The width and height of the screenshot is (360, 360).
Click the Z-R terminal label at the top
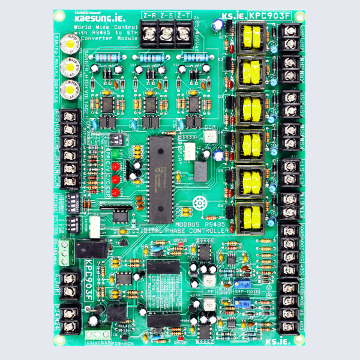click(150, 14)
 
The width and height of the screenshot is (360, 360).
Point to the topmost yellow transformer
click(251, 37)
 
